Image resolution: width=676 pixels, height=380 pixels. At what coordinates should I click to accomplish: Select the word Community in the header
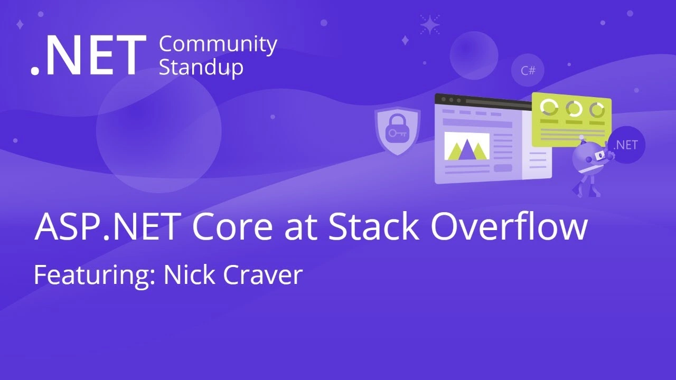pos(218,45)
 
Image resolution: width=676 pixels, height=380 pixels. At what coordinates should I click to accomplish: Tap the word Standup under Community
pos(201,68)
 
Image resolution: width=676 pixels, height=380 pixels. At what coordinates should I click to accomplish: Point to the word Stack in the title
pos(373,227)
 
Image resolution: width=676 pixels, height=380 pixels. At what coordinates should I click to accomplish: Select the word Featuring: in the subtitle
pos(94,275)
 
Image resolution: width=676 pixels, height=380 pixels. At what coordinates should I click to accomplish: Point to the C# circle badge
pos(528,70)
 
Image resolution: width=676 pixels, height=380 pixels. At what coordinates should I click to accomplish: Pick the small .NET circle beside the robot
pos(626,145)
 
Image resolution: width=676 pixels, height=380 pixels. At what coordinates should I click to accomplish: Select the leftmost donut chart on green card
pos(549,107)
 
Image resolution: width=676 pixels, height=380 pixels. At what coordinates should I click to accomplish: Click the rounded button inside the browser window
pos(502,168)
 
